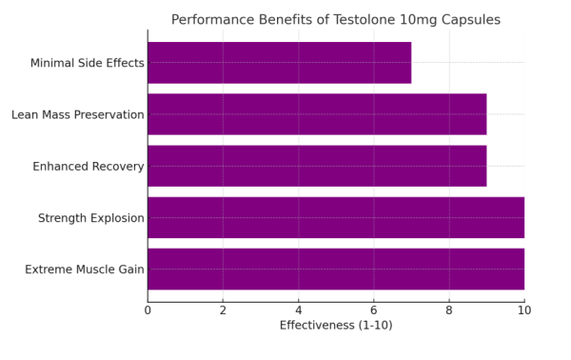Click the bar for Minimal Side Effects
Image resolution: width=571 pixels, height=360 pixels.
tap(279, 63)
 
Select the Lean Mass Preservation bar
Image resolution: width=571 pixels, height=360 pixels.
tap(317, 114)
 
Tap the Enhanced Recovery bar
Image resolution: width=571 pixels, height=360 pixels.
tap(317, 166)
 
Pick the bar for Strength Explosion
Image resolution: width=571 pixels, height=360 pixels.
tap(335, 217)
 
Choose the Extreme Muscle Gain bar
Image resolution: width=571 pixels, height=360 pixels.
tap(335, 269)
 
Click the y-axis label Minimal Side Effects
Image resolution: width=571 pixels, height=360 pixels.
tap(87, 64)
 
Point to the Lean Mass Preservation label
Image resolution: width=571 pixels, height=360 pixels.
tap(77, 115)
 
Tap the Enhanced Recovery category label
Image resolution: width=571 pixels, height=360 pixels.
tap(88, 167)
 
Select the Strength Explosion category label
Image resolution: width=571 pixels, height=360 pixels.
tap(90, 218)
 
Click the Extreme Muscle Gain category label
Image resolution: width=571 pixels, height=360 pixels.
tap(84, 270)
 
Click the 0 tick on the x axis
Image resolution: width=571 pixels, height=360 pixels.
tap(148, 310)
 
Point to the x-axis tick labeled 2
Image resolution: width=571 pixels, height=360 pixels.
tap(223, 310)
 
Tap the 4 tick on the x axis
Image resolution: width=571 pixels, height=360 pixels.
tap(298, 310)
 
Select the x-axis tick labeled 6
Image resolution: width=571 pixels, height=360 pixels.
tap(373, 310)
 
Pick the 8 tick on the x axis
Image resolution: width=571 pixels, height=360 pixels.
tap(448, 310)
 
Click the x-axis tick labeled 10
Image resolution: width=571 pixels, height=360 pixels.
tap(523, 310)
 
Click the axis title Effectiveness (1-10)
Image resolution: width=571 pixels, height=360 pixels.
tap(335, 326)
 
